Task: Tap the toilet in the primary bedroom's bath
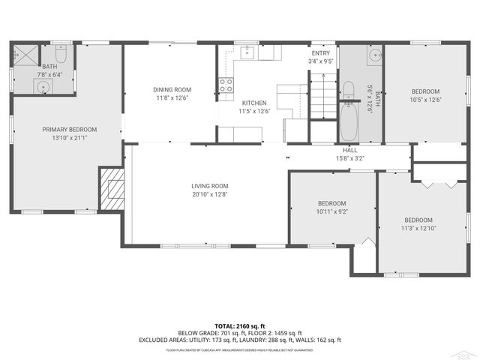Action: pos(63,55)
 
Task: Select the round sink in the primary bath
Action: pos(44,87)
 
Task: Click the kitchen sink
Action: pos(247,52)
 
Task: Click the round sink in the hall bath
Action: pos(372,57)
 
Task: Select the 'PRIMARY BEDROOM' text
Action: pos(69,130)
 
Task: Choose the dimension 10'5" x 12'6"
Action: pos(424,99)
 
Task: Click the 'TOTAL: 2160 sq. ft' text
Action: pos(240,325)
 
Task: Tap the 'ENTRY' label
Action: pos(320,53)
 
